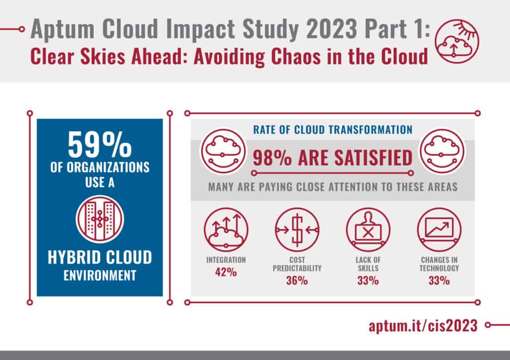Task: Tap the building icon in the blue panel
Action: pos(100,219)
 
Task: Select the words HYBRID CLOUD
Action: pos(100,257)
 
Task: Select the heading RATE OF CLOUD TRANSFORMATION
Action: pos(333,130)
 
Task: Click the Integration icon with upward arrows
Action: pos(226,230)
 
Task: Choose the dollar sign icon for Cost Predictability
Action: pos(297,230)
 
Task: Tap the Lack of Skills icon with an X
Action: pos(368,230)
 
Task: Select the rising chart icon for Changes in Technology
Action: pos(439,230)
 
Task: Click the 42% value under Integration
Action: pos(226,273)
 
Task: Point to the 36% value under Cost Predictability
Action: pos(297,281)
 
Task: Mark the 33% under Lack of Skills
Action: pos(368,281)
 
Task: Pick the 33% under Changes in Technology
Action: pos(439,281)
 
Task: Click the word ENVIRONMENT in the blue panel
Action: pos(100,275)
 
